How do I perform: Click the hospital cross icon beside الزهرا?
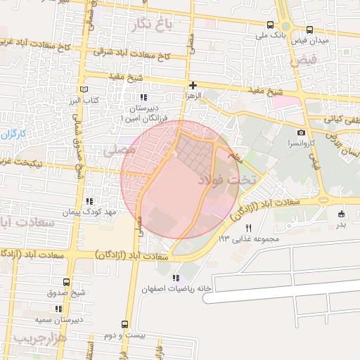[193, 85]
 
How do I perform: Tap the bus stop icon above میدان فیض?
[310, 30]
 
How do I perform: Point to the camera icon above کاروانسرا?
[302, 133]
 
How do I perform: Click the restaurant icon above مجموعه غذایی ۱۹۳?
[248, 228]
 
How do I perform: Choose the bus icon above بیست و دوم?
[124, 325]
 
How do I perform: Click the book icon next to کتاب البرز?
[84, 91]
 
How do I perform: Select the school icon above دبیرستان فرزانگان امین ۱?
[143, 98]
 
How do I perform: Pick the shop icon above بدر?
[341, 214]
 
